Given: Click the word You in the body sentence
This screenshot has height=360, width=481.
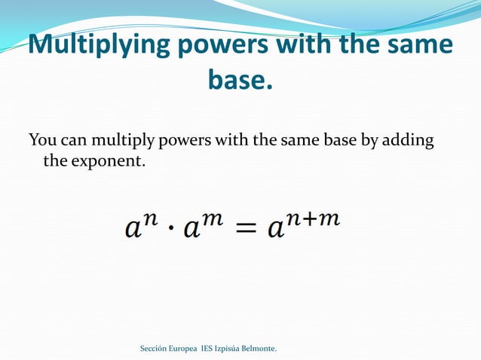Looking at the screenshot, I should click(42, 141).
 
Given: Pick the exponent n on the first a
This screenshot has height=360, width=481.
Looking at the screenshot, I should click(151, 218).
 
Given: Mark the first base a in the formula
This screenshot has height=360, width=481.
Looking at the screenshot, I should click(133, 229).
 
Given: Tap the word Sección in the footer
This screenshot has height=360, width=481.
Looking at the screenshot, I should click(155, 349).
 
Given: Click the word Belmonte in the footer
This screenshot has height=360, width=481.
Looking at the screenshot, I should click(256, 349).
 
